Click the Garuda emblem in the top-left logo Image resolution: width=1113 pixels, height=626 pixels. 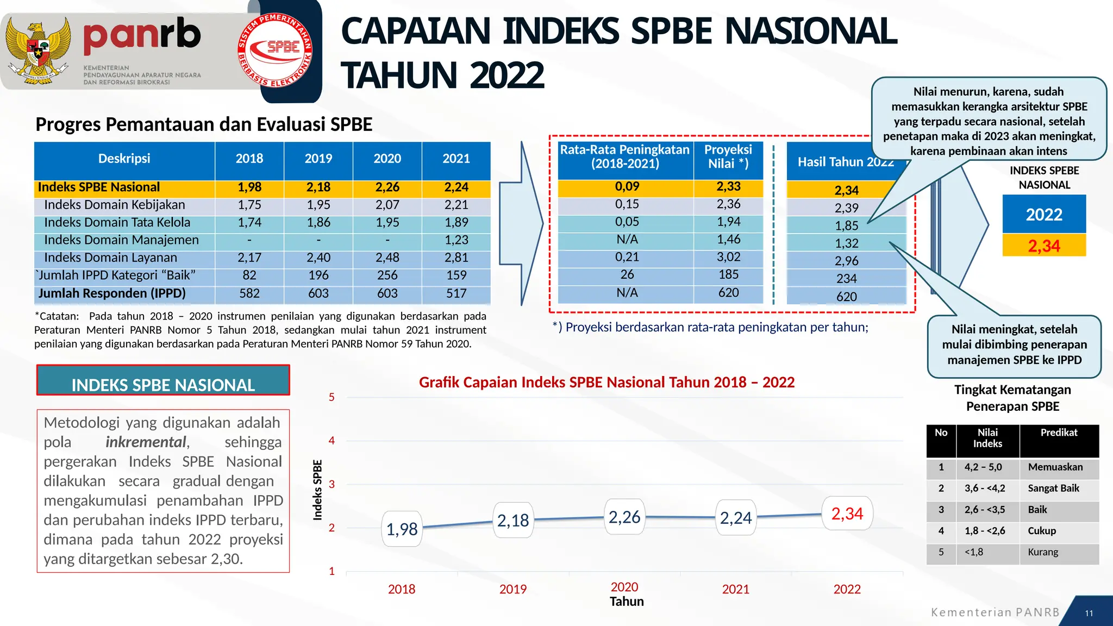tap(37, 51)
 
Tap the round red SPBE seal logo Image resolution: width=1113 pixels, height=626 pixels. tap(275, 50)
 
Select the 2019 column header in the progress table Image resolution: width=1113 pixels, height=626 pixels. tap(318, 159)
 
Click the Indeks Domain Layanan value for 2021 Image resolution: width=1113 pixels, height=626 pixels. tap(456, 258)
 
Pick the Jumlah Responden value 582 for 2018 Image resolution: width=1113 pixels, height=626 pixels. tap(249, 293)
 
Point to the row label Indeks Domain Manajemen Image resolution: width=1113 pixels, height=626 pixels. tap(121, 240)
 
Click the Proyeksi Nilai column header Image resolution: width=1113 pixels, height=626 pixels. tap(728, 156)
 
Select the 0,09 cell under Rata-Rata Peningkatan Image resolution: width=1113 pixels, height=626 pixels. tap(627, 186)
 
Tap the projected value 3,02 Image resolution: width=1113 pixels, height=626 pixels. tap(728, 257)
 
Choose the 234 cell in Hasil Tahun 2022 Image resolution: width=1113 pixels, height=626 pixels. tap(846, 279)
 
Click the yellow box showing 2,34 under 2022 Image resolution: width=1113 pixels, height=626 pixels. tap(1043, 246)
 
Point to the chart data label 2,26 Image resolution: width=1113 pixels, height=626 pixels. tap(624, 517)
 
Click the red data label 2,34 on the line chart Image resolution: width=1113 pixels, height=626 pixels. tap(847, 514)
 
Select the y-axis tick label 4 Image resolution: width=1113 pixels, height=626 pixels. tap(332, 441)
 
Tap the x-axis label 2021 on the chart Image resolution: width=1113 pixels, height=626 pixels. tap(735, 589)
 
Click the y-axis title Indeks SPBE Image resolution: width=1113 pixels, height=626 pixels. tap(317, 490)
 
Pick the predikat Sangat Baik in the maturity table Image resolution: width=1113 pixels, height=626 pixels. tap(1053, 488)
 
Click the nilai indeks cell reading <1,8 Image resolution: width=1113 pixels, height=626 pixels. tap(973, 552)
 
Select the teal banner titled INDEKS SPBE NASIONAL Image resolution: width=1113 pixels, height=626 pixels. tap(163, 381)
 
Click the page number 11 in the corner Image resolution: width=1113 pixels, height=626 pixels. tap(1089, 613)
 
